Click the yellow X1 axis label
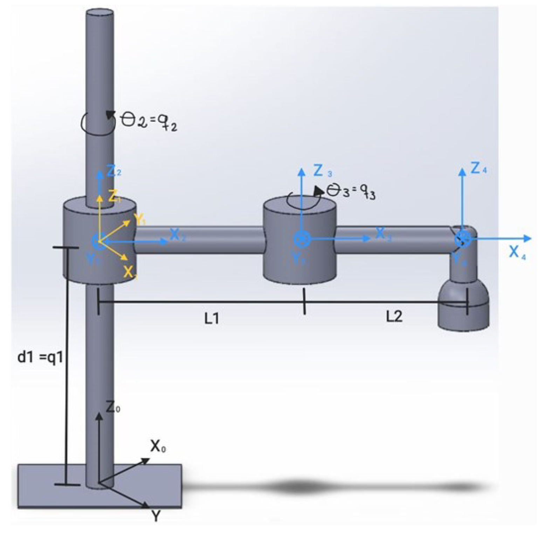(x=130, y=272)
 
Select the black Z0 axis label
(x=113, y=407)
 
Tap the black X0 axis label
(x=158, y=446)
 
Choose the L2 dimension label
(x=394, y=316)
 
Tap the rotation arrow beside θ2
(x=98, y=122)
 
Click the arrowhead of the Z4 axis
(x=462, y=171)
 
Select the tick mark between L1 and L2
(x=304, y=301)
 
